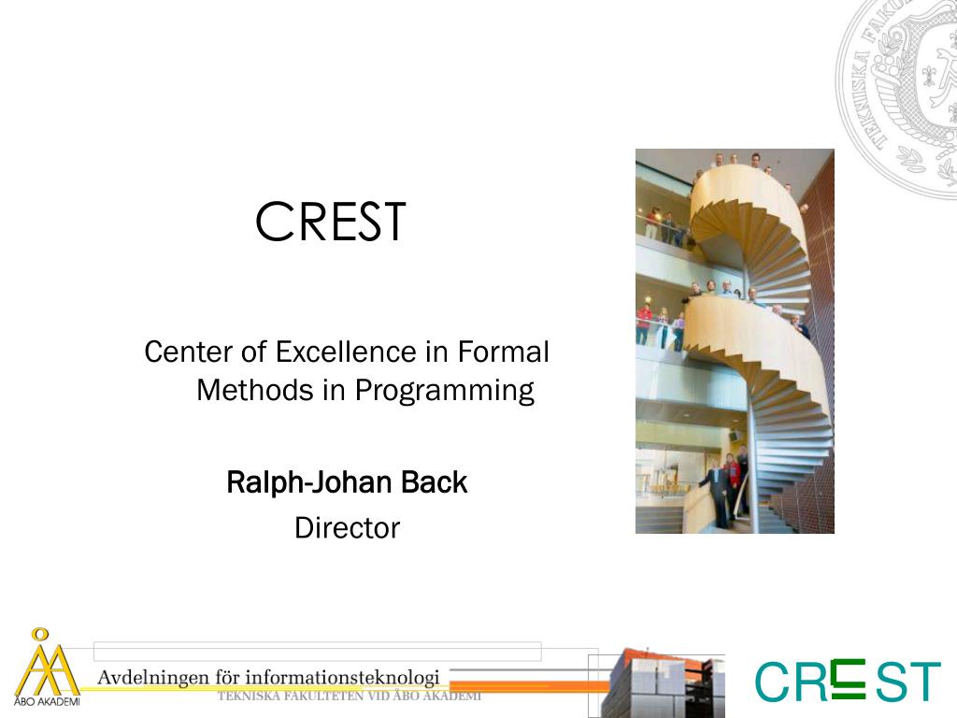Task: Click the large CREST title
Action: [x=331, y=223]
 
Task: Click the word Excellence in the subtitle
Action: [x=346, y=352]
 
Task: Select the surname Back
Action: [x=434, y=483]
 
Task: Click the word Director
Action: [x=347, y=528]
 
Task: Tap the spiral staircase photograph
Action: [x=735, y=340]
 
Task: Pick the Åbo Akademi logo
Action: [x=45, y=668]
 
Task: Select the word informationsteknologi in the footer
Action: [x=342, y=677]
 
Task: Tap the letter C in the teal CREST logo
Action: [x=772, y=682]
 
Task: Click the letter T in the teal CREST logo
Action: [x=923, y=682]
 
